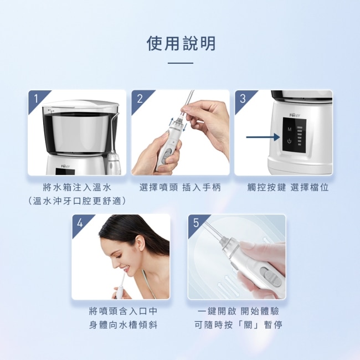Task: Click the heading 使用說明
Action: (181, 43)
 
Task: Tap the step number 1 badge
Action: (36, 99)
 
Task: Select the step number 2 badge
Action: (140, 99)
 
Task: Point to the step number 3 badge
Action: (243, 99)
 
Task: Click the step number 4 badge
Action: (80, 223)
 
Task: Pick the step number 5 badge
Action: (196, 223)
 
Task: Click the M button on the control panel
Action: (290, 130)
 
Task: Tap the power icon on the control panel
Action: (289, 141)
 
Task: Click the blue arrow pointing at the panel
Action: (263, 137)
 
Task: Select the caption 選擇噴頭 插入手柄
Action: (180, 188)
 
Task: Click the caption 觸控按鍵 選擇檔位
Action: (288, 188)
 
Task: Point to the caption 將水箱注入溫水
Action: (77, 188)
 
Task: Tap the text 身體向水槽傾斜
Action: (123, 325)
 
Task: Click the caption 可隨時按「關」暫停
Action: (238, 325)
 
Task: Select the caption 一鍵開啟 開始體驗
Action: (238, 311)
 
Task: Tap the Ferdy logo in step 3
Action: (295, 115)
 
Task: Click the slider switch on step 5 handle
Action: (271, 277)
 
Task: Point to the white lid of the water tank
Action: (81, 104)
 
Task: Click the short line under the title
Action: (181, 63)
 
